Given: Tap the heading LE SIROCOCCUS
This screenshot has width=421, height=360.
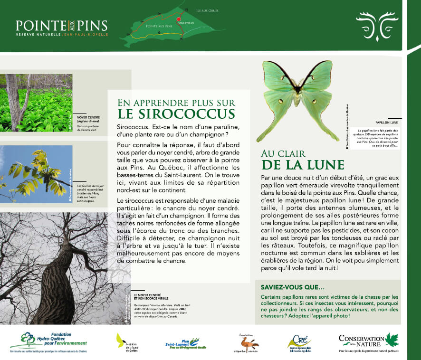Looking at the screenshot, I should (177, 114).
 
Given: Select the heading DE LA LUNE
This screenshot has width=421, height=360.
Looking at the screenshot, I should (303, 165).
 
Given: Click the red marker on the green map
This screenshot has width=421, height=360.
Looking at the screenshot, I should (179, 19).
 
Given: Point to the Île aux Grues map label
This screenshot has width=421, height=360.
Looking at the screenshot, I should (207, 10).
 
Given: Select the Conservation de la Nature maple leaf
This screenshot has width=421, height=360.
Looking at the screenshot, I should (392, 340).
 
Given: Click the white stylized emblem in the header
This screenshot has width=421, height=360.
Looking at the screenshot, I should (377, 25).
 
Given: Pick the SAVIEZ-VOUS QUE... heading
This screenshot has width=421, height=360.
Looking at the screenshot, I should (290, 287).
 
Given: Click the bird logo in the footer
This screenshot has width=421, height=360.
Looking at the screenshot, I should (249, 341).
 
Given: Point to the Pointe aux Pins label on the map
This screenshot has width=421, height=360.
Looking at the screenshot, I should (159, 27).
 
